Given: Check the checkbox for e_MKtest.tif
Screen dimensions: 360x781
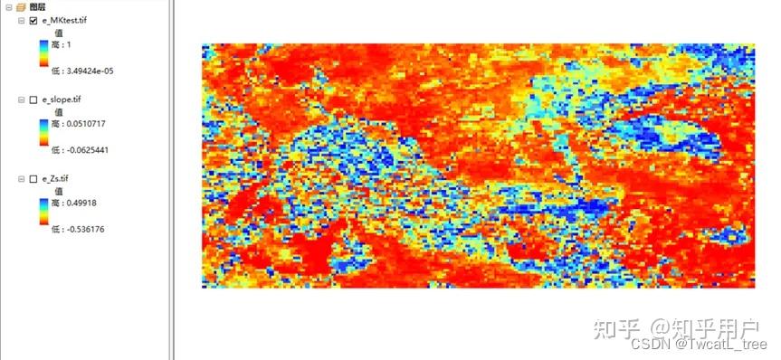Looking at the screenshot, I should point(33,21).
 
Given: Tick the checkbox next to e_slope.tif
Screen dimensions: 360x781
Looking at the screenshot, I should point(33,99).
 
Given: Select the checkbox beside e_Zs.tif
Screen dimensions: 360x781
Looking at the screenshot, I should point(33,179).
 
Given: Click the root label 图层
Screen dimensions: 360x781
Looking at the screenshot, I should point(36,7).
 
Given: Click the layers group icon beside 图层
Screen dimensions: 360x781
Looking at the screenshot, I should point(21,7).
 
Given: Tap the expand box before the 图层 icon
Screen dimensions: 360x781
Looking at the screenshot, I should point(8,7).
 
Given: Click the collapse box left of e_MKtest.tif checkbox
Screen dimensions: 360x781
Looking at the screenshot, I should point(21,21).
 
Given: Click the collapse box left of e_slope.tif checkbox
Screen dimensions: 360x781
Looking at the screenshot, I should point(21,99).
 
